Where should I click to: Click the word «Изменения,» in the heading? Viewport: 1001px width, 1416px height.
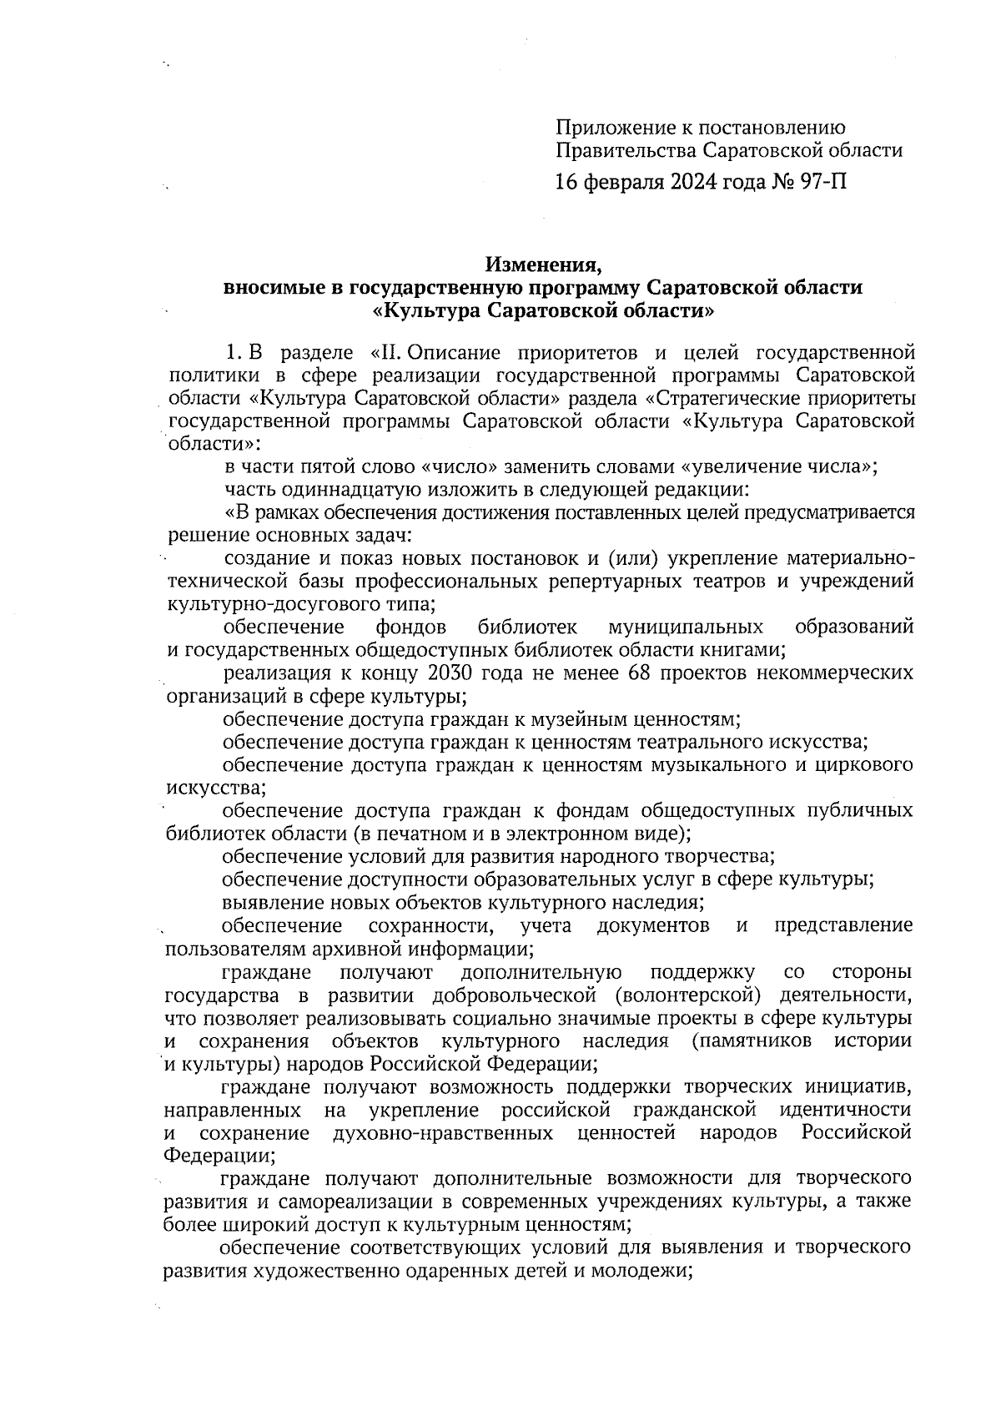click(x=544, y=265)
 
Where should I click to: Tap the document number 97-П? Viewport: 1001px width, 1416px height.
click(x=822, y=180)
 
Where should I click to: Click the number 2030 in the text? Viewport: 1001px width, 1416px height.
click(x=450, y=672)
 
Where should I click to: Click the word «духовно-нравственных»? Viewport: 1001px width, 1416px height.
click(x=442, y=1133)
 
